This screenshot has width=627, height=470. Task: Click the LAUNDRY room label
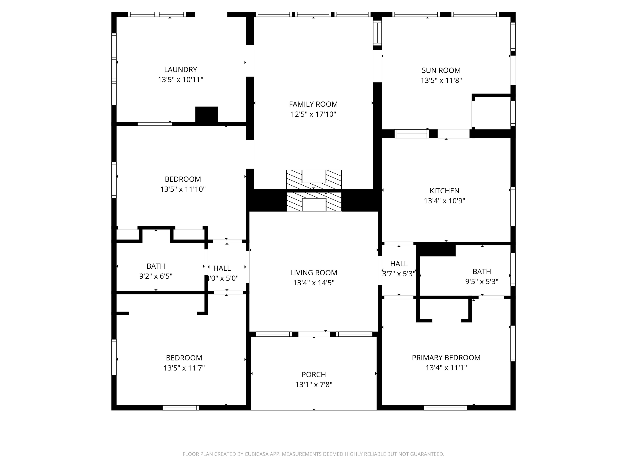click(181, 69)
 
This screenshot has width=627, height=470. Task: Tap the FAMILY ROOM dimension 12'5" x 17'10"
click(313, 114)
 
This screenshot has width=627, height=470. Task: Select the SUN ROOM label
click(441, 70)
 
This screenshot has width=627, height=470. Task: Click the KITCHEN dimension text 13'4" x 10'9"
click(444, 201)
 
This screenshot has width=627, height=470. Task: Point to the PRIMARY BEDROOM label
click(446, 358)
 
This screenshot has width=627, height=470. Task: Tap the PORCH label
click(313, 375)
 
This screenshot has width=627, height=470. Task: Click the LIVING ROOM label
click(313, 273)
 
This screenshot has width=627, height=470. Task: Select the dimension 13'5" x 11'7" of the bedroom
click(184, 368)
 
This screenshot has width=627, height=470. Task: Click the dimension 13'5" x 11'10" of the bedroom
click(183, 189)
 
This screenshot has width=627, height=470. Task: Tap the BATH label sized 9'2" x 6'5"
click(156, 266)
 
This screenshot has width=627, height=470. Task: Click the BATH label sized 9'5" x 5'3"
click(482, 271)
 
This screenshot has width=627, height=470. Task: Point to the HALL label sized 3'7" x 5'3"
click(399, 264)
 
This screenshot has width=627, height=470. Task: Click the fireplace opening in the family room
click(314, 176)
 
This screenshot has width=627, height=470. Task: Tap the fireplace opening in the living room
click(314, 205)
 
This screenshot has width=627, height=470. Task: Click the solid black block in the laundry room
click(206, 114)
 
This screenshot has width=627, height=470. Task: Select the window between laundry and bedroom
click(155, 124)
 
